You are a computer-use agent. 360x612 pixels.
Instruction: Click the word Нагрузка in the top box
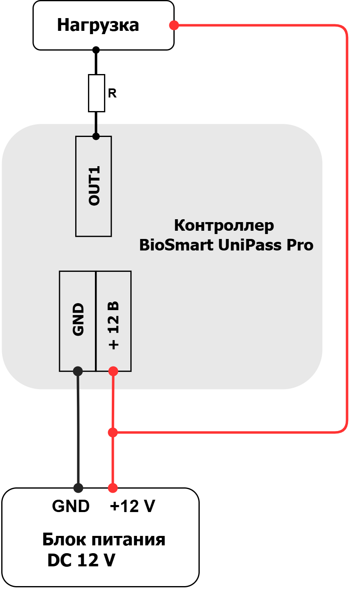tap(98, 25)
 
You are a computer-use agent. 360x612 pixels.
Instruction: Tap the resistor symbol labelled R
tap(96, 93)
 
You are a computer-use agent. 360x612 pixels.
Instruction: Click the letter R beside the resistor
tap(112, 93)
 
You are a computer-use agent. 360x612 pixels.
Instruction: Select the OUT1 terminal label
tap(94, 185)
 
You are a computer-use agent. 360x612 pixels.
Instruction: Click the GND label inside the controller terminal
tap(78, 319)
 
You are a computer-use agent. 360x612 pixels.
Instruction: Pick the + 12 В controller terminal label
tap(113, 325)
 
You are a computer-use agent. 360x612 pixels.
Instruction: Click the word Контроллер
tap(224, 226)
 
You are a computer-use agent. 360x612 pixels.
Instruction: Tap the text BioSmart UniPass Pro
tap(226, 245)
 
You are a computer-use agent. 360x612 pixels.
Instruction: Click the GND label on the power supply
tap(71, 506)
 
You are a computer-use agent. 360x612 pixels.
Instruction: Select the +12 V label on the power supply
tap(132, 506)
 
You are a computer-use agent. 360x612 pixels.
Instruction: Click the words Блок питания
tap(104, 540)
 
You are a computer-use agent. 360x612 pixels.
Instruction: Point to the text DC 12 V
tap(81, 560)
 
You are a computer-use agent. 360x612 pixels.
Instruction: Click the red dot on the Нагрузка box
tap(174, 25)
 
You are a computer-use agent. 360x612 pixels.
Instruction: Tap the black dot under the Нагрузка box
tap(96, 50)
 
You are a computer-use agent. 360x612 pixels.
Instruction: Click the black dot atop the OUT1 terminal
tap(96, 136)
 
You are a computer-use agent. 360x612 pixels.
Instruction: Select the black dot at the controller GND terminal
tap(78, 371)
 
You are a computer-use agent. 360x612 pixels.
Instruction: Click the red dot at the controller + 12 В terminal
tap(113, 371)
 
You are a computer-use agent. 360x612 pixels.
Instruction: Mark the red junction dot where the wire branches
tap(113, 433)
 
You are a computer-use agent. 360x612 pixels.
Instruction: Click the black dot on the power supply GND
tap(78, 488)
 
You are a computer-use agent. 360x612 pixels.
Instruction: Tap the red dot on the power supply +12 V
tap(113, 488)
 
